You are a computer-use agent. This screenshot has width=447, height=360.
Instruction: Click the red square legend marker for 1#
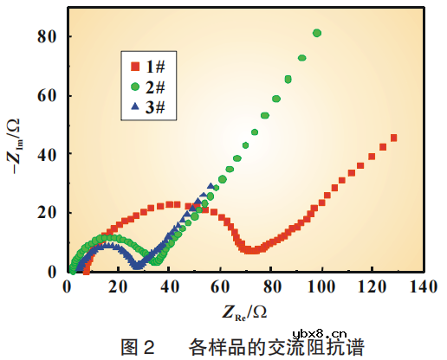[134, 66]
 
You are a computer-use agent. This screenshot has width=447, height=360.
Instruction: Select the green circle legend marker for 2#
[134, 87]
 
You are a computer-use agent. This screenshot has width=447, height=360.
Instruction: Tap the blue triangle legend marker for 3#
[134, 107]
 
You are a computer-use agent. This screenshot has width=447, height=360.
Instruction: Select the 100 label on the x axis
[321, 287]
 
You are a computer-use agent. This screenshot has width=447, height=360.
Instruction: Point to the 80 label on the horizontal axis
[271, 287]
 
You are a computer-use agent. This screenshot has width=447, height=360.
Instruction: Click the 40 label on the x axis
[169, 287]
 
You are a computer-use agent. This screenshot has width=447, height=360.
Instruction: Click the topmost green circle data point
[317, 33]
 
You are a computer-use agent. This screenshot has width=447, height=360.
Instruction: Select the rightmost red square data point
[393, 138]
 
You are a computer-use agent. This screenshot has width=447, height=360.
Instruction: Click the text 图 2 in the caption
[139, 347]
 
